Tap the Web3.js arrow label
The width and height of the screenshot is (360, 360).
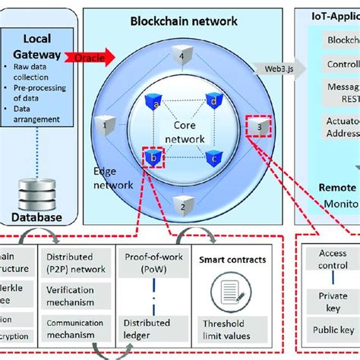275,69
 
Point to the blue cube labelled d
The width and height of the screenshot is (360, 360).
214,99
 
